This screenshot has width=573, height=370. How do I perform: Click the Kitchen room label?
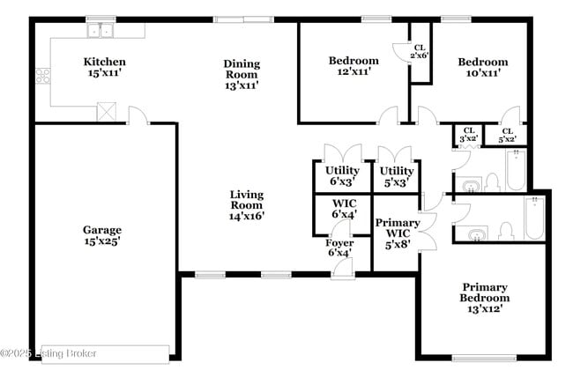coord(104,62)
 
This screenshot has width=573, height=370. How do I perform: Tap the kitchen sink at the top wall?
coord(100,32)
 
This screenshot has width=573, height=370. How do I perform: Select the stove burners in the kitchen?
coord(41,76)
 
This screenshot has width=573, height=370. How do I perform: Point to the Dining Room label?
coord(241,69)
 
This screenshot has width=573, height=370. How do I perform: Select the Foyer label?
coord(339,248)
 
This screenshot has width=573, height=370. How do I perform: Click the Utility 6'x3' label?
coord(342,176)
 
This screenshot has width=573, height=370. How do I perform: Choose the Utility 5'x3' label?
coord(397,176)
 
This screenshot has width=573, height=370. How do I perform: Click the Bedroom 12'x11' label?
coord(353,66)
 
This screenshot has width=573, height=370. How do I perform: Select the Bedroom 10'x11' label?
coord(482,68)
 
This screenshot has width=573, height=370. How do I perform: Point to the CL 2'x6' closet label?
coord(420,50)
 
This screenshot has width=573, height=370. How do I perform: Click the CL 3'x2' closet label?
coord(468,134)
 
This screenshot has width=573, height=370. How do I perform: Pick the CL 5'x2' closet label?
coord(507,135)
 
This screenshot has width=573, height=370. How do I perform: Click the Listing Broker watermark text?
coord(48,353)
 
